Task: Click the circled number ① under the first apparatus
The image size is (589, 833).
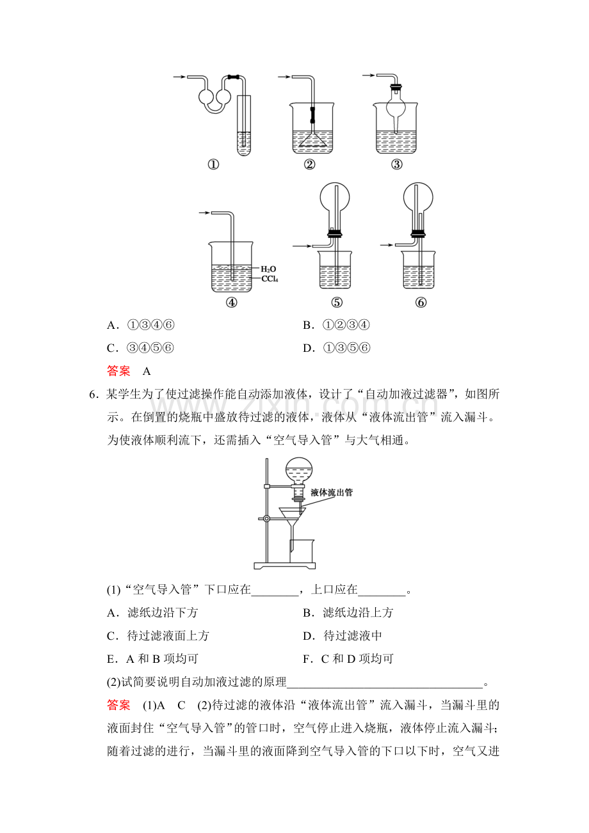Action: click(x=213, y=164)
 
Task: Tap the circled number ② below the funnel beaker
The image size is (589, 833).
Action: click(x=309, y=164)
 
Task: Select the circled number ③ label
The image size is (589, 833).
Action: click(x=397, y=164)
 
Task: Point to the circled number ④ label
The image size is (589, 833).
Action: click(x=231, y=303)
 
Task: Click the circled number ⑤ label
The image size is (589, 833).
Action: click(x=337, y=303)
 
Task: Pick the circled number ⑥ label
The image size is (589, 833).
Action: click(x=421, y=303)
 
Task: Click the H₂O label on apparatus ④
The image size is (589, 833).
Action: click(x=268, y=269)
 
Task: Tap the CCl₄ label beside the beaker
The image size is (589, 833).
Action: click(x=270, y=278)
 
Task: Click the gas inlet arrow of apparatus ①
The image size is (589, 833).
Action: click(x=179, y=77)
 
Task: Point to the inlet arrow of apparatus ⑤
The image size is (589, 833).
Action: click(x=302, y=246)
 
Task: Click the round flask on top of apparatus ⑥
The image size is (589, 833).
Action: click(x=418, y=197)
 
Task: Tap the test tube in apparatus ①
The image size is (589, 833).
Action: click(x=244, y=125)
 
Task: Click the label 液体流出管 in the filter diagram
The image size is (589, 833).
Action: click(x=332, y=493)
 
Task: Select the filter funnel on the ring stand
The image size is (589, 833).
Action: click(x=293, y=521)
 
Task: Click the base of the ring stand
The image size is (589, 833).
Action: click(x=285, y=566)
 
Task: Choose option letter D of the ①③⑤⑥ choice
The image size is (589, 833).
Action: click(x=308, y=348)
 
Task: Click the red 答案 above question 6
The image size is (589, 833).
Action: click(x=118, y=371)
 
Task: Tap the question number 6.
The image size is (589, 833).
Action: click(x=93, y=395)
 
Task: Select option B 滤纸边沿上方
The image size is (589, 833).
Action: click(x=348, y=612)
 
